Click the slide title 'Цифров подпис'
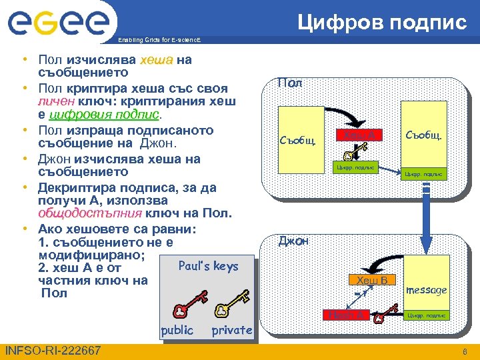[x=382, y=22]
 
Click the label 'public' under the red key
[x=177, y=329]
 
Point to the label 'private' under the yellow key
[x=231, y=329]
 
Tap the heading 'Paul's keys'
[x=208, y=266]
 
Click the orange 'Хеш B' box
[x=372, y=280]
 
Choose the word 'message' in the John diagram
[x=426, y=291]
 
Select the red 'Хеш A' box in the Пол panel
[x=359, y=135]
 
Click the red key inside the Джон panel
[x=379, y=319]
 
